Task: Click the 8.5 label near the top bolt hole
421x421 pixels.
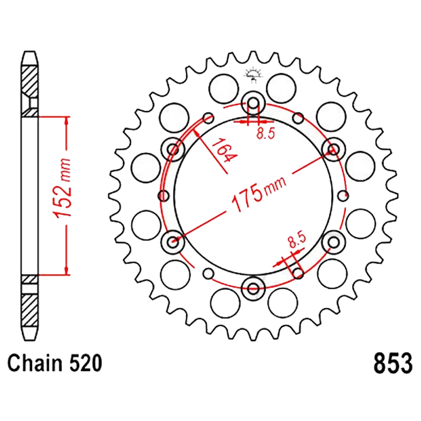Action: click(266, 133)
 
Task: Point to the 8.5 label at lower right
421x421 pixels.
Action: click(297, 240)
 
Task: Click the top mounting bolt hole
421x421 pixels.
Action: click(253, 103)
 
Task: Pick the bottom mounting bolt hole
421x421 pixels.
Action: click(253, 289)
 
